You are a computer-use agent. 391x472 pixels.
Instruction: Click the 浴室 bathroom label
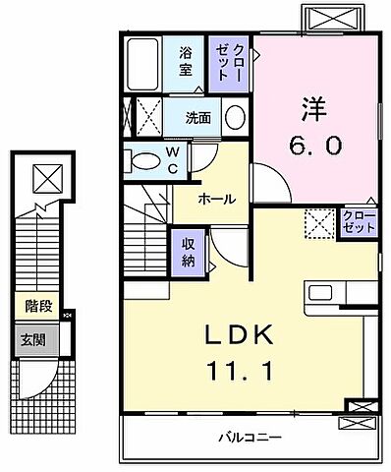[x=184, y=63]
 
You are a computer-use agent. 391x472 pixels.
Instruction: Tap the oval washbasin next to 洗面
[x=235, y=117]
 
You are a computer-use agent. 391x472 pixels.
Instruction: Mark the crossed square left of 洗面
[x=147, y=117]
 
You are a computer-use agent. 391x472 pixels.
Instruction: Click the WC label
[x=171, y=158]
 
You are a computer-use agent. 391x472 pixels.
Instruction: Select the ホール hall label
[x=216, y=199]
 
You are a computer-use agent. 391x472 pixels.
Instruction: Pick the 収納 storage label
[x=185, y=251]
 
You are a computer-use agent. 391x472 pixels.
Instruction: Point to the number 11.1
[x=235, y=372]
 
